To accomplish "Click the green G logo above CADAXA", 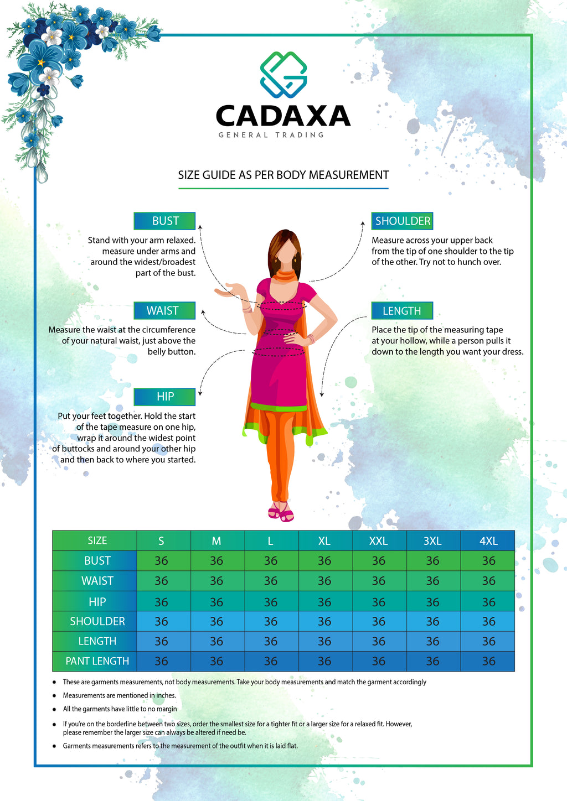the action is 283,75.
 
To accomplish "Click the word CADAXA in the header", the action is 283,116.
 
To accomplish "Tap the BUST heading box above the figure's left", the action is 164,221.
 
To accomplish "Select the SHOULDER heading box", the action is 402,221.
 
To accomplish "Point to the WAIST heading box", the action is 164,310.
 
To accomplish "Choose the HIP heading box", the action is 164,397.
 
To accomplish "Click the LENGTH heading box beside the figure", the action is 402,310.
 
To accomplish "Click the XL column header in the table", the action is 324,540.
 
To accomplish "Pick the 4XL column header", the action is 488,540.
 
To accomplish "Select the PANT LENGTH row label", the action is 97,661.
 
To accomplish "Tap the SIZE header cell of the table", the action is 97,540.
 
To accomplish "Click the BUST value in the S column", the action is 161,561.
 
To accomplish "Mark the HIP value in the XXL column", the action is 379,602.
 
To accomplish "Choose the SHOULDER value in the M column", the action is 217,621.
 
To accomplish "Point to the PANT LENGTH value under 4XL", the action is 488,661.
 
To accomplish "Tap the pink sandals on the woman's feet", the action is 281,513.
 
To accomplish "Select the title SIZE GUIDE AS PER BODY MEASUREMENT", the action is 283,175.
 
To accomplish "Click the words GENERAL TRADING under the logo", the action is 271,135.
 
